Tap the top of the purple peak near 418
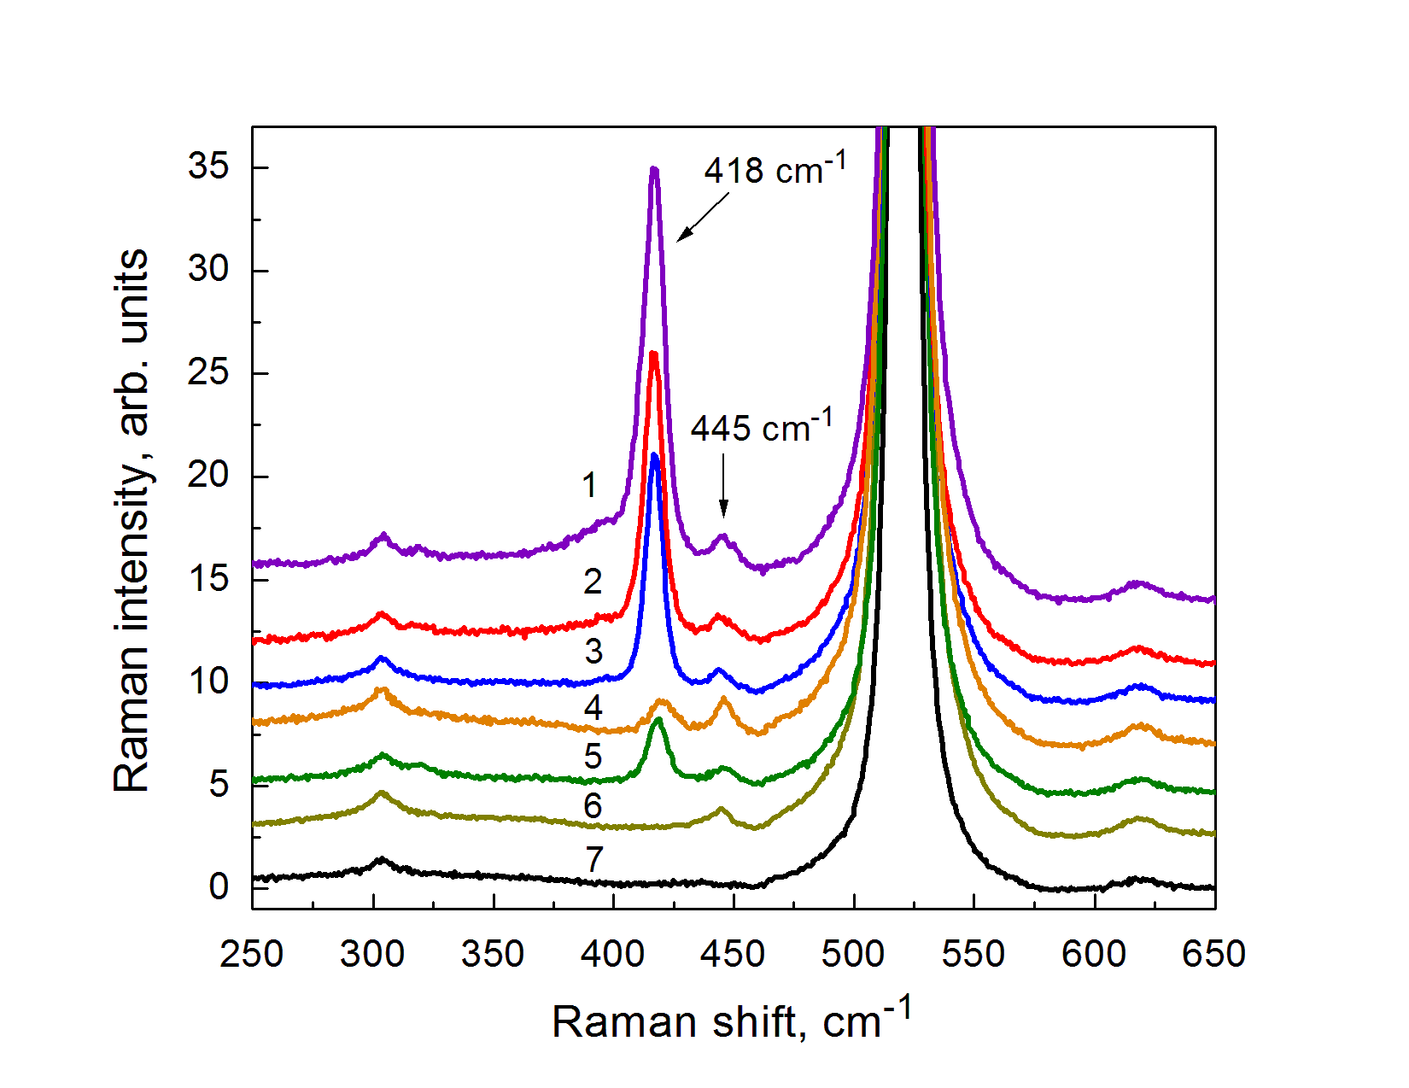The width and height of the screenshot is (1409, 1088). [654, 170]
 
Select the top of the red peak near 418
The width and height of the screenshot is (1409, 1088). [654, 354]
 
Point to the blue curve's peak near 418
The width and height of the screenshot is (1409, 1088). [655, 456]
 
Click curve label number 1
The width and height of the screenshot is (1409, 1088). [589, 485]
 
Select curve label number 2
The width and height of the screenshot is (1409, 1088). [593, 582]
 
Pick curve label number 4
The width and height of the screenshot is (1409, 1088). [593, 708]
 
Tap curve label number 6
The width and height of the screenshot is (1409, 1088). [593, 805]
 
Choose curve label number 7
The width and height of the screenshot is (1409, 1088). [594, 859]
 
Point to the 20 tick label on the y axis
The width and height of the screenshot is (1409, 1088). [208, 475]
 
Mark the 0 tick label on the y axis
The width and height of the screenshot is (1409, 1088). [219, 886]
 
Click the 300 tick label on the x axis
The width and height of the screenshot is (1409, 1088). [372, 954]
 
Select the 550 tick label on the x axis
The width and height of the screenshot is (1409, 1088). [973, 954]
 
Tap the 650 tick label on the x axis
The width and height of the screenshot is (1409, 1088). [1213, 954]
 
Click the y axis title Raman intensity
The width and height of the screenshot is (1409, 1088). [132, 521]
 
